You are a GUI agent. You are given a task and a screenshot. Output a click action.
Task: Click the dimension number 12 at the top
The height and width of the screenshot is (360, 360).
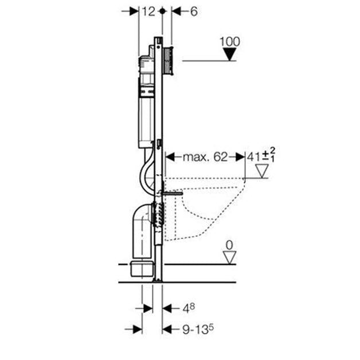coord(148,11)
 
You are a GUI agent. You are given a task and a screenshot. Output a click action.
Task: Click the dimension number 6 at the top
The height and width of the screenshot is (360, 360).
coord(194,11)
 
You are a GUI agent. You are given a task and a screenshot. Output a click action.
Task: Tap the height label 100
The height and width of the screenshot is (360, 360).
coord(230,42)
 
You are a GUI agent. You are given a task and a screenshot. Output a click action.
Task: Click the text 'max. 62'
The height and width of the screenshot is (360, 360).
coord(205,157)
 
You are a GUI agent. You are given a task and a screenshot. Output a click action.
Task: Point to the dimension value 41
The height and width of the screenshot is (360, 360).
coord(253,157)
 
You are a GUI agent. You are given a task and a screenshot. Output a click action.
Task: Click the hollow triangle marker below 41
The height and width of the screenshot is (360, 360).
coord(262,171)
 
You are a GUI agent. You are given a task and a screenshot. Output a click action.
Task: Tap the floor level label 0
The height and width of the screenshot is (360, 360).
coord(229,245)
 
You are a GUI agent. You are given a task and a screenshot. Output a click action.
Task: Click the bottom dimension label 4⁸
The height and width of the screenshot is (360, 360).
coord(189,308)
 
